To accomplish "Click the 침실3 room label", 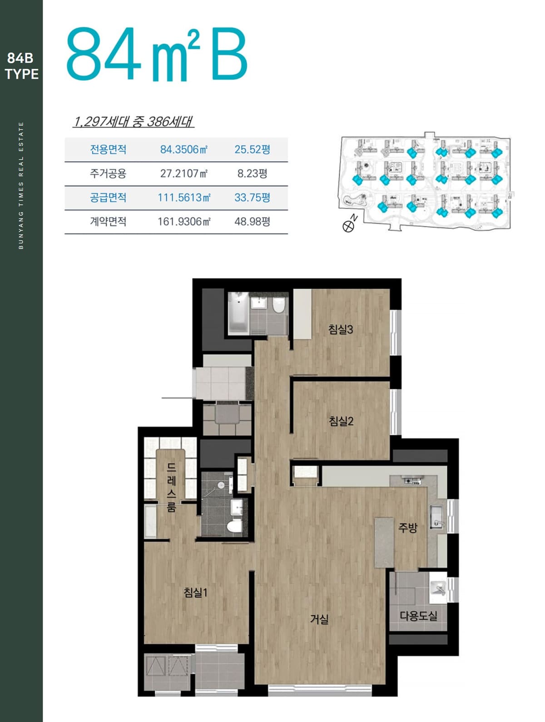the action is pyautogui.click(x=341, y=329).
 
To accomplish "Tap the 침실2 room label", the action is pyautogui.click(x=341, y=421).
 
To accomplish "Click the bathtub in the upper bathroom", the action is pyautogui.click(x=238, y=312).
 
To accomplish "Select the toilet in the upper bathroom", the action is pyautogui.click(x=279, y=304).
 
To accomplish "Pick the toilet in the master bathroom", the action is pyautogui.click(x=235, y=526).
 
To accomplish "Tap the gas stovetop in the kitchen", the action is pyautogui.click(x=412, y=481).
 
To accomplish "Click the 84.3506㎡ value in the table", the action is pyautogui.click(x=184, y=149).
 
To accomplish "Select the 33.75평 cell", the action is pyautogui.click(x=252, y=197).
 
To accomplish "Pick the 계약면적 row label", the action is pyautogui.click(x=108, y=221).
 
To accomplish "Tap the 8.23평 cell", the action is pyautogui.click(x=252, y=174).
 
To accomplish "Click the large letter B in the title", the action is pyautogui.click(x=229, y=54).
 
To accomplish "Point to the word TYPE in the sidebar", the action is pyautogui.click(x=22, y=74).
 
